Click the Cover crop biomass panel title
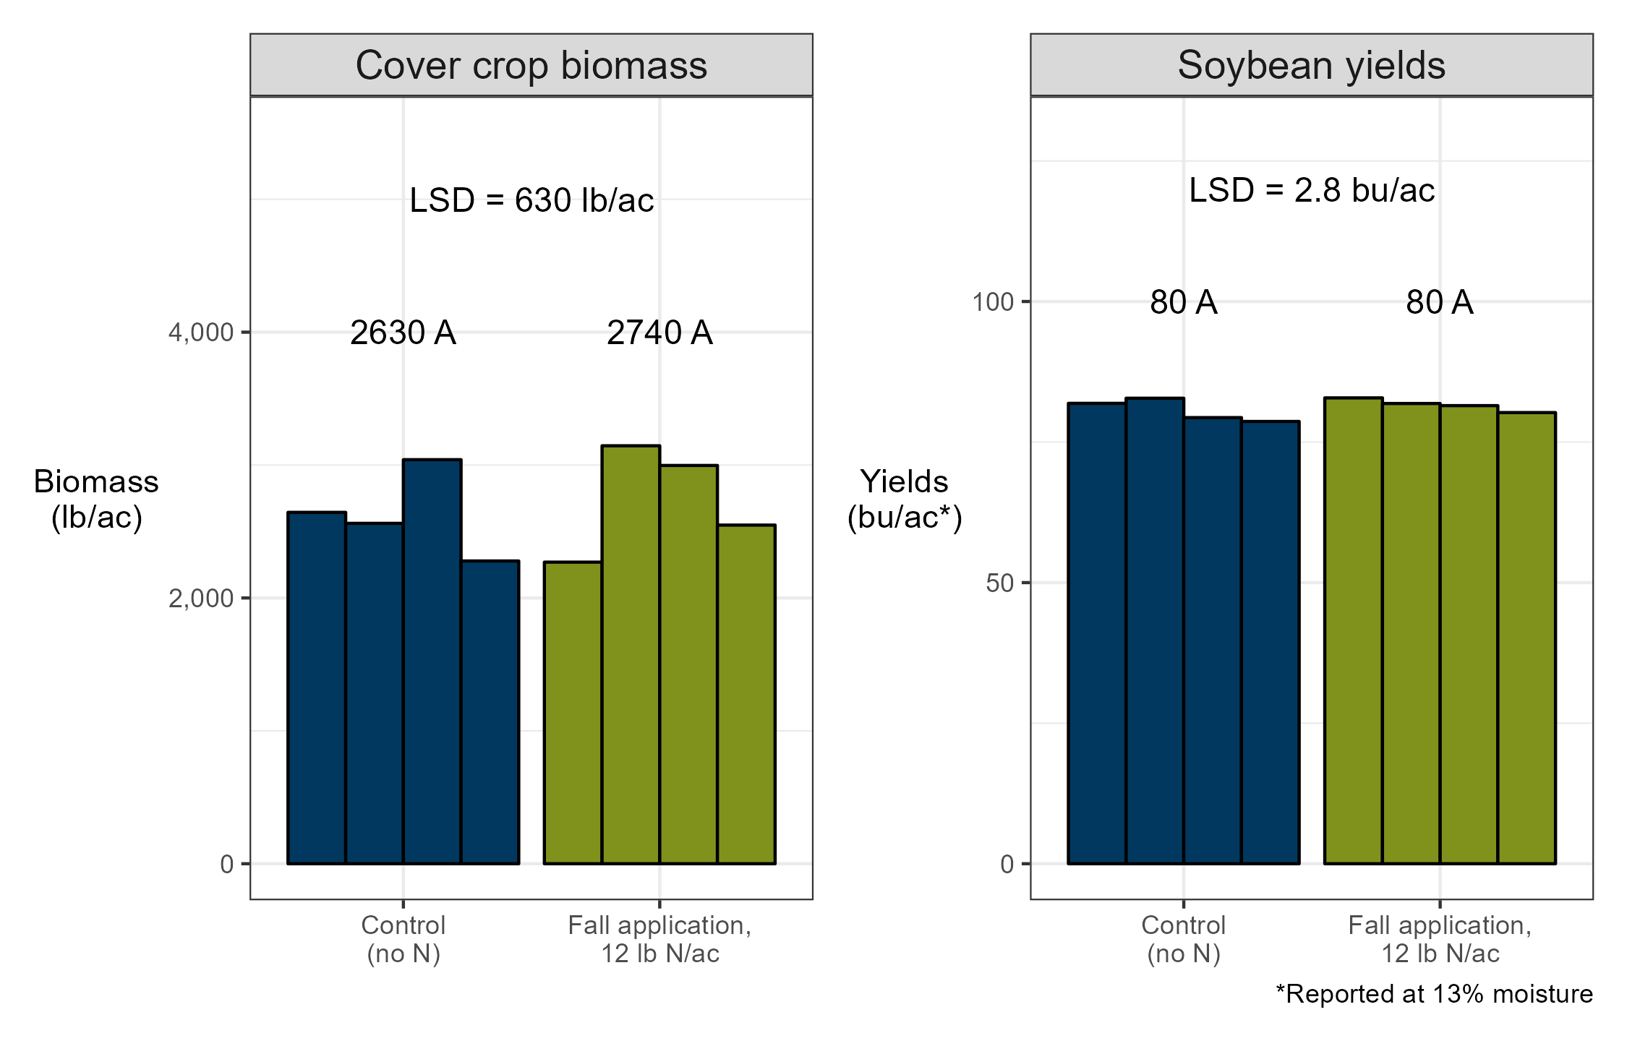tap(531, 65)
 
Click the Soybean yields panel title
tap(1311, 65)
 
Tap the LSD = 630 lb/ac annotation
tap(531, 200)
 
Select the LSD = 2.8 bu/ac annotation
tap(1312, 190)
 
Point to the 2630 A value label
tap(403, 333)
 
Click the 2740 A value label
tap(659, 333)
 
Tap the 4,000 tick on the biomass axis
tap(201, 333)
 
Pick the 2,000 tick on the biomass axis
tap(201, 599)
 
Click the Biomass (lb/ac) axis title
tap(96, 499)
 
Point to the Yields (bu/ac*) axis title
tap(905, 499)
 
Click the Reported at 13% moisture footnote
tap(1434, 994)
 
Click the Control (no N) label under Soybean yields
tap(1183, 939)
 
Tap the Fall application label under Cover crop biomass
tap(659, 939)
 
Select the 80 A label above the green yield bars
tap(1439, 302)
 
